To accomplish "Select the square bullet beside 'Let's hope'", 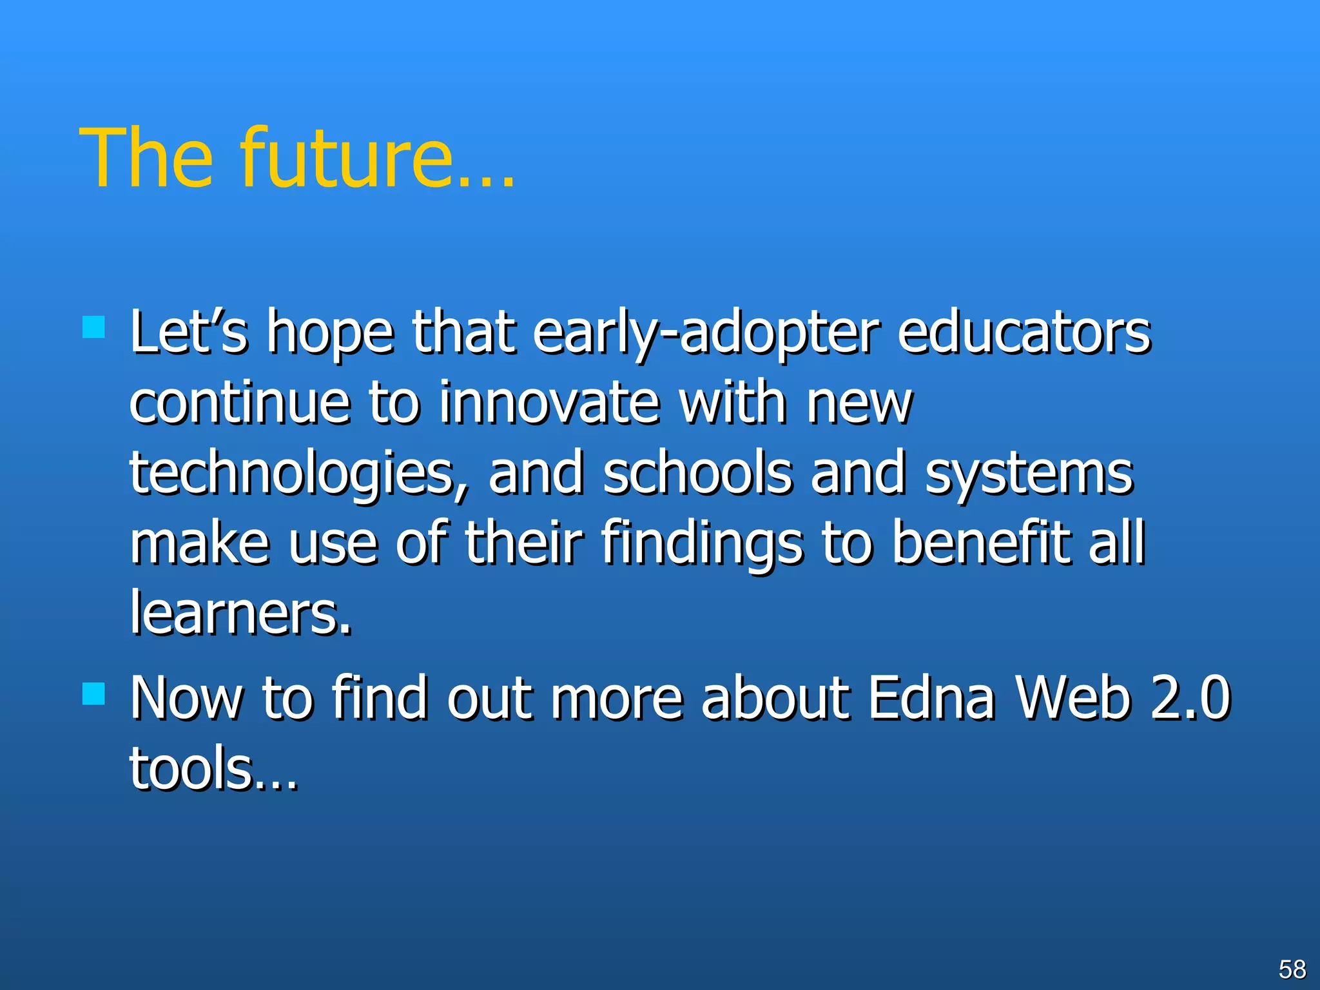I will point(93,327).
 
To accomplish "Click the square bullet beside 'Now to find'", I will point(93,694).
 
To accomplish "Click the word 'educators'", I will point(1024,334).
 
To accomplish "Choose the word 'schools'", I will point(697,474).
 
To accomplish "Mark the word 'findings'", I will point(703,543).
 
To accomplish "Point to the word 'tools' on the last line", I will point(191,768).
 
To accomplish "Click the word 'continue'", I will point(240,403).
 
